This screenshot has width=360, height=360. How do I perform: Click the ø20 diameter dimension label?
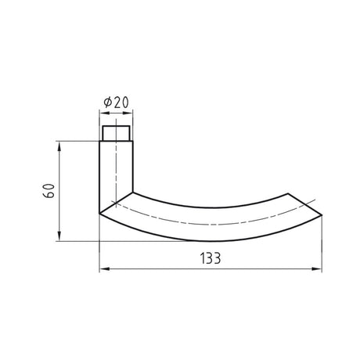click(x=117, y=102)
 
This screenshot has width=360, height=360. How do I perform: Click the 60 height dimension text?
click(x=49, y=191)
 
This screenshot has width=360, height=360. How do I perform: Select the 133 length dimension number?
click(x=211, y=258)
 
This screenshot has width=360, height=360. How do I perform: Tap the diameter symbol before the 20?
click(x=108, y=103)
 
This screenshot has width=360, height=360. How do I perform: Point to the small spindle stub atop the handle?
click(x=116, y=133)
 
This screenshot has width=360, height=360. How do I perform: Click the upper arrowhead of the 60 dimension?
click(x=59, y=146)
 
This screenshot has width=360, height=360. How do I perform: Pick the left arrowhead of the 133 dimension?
click(x=104, y=269)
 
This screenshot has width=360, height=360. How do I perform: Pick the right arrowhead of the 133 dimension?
click(x=317, y=269)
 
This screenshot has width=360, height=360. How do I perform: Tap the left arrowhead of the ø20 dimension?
click(x=104, y=113)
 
